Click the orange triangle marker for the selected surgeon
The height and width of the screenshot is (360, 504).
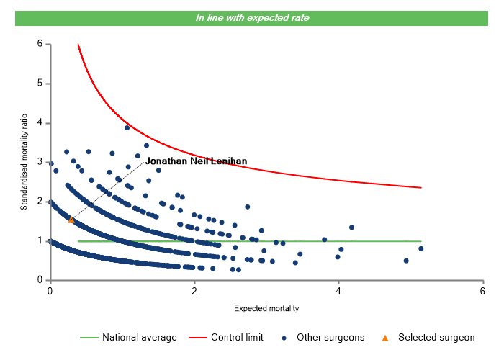71,220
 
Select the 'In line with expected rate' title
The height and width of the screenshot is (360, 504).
252,17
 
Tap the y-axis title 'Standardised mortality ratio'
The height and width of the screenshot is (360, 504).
24,161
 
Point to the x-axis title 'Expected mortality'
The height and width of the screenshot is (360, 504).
266,308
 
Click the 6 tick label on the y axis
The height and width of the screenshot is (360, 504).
40,44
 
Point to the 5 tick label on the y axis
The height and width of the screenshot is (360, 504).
40,84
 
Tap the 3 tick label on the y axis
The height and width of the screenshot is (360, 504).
40,162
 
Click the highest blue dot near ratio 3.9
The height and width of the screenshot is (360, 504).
127,127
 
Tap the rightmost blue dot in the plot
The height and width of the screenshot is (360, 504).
420,248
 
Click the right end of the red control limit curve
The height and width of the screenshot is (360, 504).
420,187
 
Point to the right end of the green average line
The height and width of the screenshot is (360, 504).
420,241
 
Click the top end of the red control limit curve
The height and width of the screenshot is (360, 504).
78,45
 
